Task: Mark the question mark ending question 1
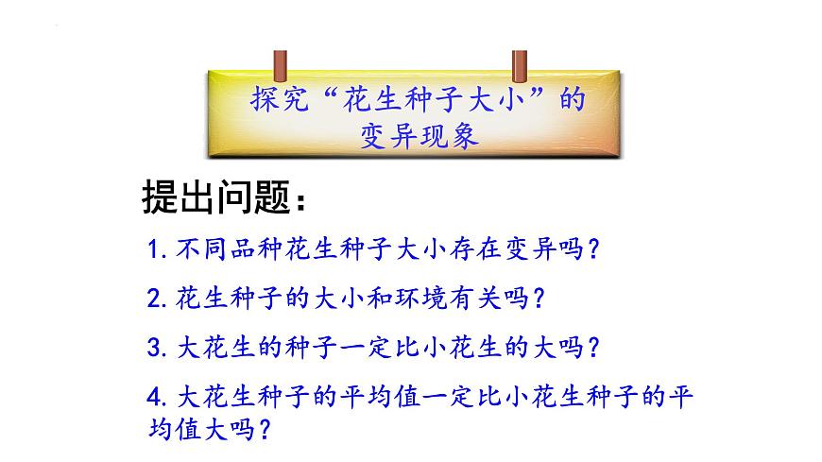tap(594, 249)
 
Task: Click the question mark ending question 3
tap(593, 348)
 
